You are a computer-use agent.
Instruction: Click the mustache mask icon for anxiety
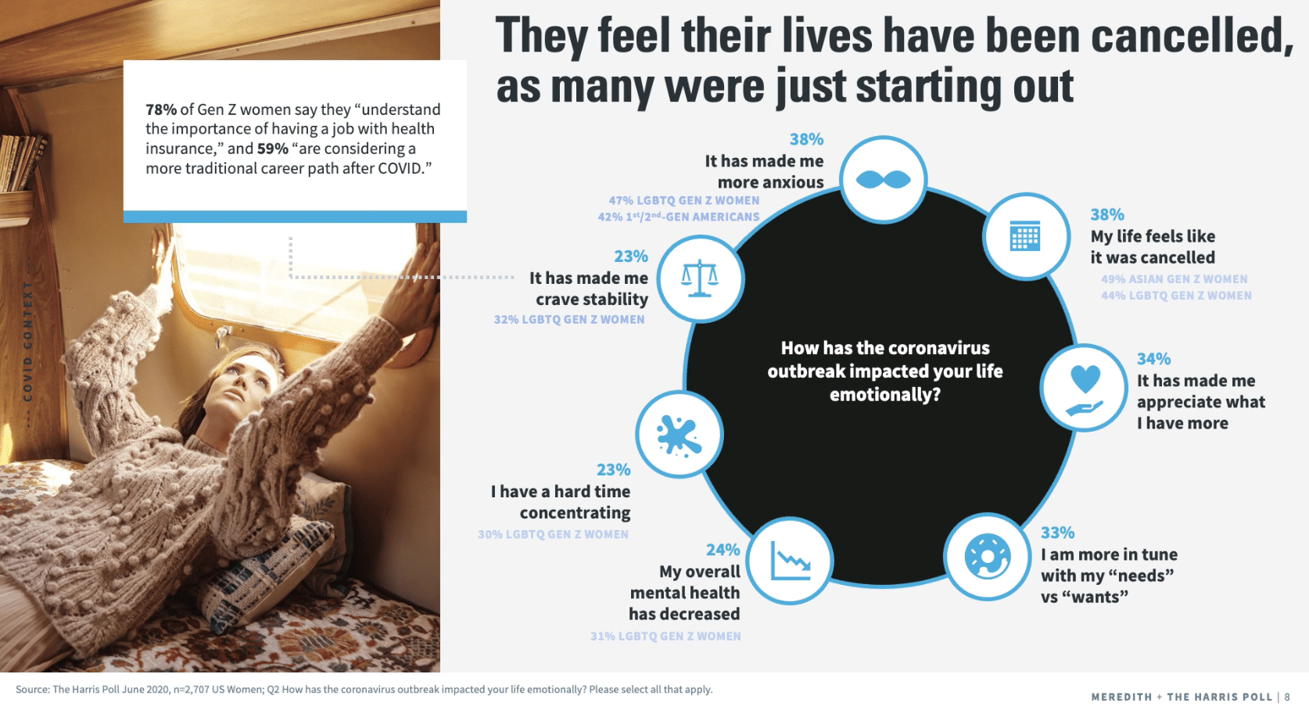click(x=883, y=179)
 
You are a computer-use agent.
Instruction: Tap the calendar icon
click(x=1025, y=236)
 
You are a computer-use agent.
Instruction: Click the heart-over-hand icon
click(x=1085, y=390)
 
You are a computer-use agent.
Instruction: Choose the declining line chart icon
click(x=790, y=561)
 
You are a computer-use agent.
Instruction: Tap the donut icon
click(x=987, y=556)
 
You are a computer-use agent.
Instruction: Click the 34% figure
click(x=1153, y=358)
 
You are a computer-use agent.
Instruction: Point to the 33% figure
click(x=1058, y=532)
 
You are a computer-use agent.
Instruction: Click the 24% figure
click(x=723, y=549)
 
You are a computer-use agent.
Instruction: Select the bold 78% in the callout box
click(x=161, y=109)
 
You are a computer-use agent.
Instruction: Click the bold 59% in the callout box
click(x=273, y=149)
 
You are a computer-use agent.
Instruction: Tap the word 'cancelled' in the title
click(x=1192, y=35)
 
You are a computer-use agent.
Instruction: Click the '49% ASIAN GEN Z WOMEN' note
click(x=1174, y=279)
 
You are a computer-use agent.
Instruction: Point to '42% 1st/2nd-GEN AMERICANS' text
click(x=679, y=217)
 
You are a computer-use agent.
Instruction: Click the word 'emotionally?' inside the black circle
click(x=884, y=394)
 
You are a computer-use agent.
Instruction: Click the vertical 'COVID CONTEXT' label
click(x=27, y=341)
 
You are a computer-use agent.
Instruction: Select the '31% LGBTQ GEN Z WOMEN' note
click(x=665, y=636)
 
